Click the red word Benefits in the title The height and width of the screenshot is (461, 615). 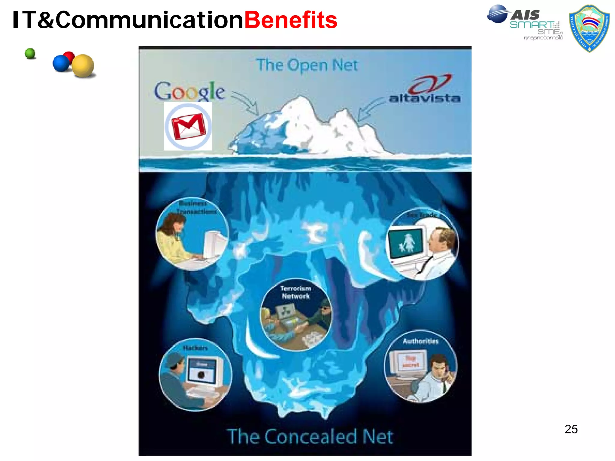(291, 20)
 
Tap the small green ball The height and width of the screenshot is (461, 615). (30, 54)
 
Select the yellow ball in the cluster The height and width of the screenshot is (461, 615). (83, 65)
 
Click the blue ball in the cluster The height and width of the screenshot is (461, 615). (61, 63)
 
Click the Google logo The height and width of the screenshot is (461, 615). (189, 91)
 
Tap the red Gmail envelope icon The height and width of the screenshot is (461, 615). (188, 126)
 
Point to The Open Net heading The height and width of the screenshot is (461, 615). (307, 65)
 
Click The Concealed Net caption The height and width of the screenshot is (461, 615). (310, 437)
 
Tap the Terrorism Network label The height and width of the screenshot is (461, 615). (295, 292)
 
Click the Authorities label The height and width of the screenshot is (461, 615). (420, 341)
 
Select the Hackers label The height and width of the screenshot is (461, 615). (195, 348)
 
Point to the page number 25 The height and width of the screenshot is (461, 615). (571, 429)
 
